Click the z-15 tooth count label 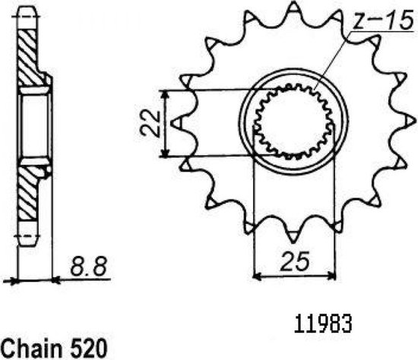383,21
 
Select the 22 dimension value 150,124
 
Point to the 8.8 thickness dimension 89,266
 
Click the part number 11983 323,324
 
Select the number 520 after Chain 89,349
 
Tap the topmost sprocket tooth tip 293,2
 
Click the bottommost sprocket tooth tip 293,242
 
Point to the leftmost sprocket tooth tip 171,123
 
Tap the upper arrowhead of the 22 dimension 165,92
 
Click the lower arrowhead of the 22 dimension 165,155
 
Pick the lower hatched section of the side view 29,191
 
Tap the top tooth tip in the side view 27,8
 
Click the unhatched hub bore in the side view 35,125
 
